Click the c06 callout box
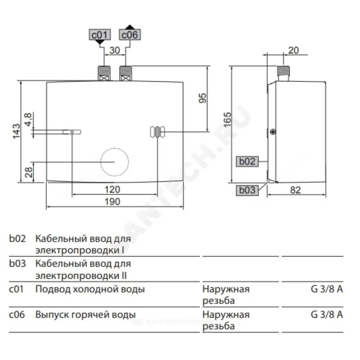pos(130,35)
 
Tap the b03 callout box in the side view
pos(247,190)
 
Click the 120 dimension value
pos(112,189)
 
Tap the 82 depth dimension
pos(295,190)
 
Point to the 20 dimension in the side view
pos(293,50)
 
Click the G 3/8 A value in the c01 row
pos(327,289)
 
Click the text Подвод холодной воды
pos(90,289)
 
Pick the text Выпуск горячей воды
pos(85,315)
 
